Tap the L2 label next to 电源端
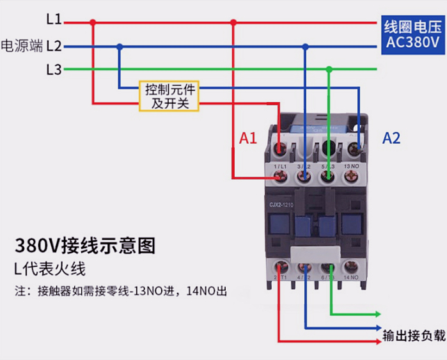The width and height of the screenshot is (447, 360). (54, 46)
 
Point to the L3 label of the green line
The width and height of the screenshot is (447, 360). (54, 70)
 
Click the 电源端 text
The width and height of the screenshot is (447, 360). (22, 46)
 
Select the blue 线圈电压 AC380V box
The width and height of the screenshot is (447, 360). (412, 35)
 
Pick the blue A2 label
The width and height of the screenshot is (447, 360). (391, 138)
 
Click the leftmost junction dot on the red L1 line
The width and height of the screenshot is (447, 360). (93, 22)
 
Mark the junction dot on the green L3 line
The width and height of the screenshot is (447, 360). (329, 69)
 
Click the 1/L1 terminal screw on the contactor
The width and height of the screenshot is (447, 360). (279, 179)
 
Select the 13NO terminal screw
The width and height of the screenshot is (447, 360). (352, 179)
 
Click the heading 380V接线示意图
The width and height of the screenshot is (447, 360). (85, 245)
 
